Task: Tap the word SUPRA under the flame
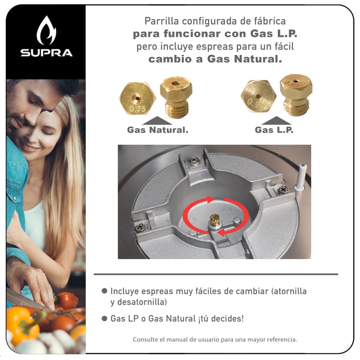pos(46,53)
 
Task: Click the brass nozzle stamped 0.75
pos(137,98)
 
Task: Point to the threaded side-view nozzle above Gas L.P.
pos(296,95)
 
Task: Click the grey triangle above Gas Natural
pos(157,120)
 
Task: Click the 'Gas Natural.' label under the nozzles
pos(157,130)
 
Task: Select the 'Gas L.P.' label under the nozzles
pos(274,130)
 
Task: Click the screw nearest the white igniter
pos(283,190)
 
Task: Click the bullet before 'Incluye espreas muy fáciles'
pos(105,291)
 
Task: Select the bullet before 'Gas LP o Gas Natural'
pos(105,318)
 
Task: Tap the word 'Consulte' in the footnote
pos(145,339)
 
